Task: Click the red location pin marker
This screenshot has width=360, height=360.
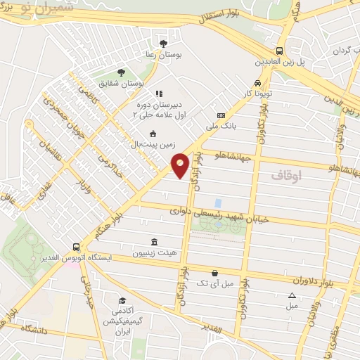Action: point(181,165)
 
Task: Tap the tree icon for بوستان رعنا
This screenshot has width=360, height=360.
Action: point(164,44)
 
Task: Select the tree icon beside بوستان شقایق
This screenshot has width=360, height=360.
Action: point(121,72)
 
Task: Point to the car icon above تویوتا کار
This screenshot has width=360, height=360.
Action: point(257,84)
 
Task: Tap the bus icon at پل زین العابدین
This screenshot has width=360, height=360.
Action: point(280,51)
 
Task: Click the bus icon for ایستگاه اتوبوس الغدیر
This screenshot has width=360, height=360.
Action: point(76,247)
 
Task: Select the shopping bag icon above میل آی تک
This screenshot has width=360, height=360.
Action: point(214,273)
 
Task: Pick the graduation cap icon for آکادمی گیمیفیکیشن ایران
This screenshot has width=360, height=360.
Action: point(122,300)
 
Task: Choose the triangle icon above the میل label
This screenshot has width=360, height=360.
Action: point(292,295)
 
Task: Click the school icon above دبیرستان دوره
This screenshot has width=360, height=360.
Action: point(159,93)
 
